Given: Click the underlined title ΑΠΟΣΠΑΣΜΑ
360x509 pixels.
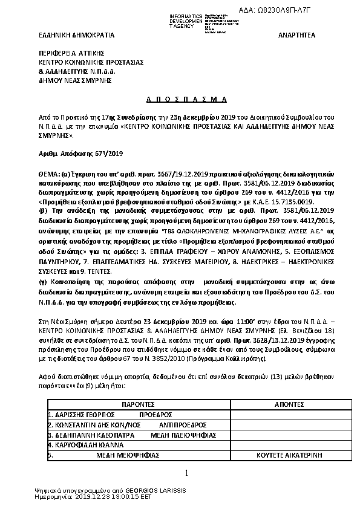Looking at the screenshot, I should pyautogui.click(x=179, y=98).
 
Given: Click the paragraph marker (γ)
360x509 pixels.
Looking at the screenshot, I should pyautogui.click(x=42, y=282).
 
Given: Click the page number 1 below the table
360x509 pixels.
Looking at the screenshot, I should pyautogui.click(x=187, y=472).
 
